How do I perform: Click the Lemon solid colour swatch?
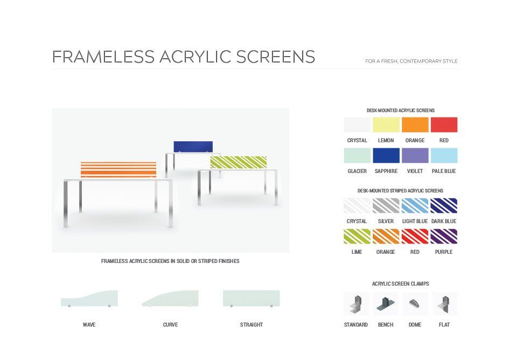pyautogui.click(x=386, y=125)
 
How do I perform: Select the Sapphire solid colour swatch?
pyautogui.click(x=386, y=155)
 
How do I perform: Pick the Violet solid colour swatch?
pyautogui.click(x=415, y=155)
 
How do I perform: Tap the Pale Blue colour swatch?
pyautogui.click(x=444, y=155)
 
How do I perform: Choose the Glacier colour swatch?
pyautogui.click(x=357, y=155)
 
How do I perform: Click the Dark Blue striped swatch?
pyautogui.click(x=444, y=206)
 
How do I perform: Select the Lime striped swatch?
pyautogui.click(x=357, y=236)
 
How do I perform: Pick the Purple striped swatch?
pyautogui.click(x=444, y=236)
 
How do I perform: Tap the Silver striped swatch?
pyautogui.click(x=386, y=206)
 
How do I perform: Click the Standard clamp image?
pyautogui.click(x=356, y=304)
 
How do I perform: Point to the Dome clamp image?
pyautogui.click(x=415, y=304)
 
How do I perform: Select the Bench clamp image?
pyautogui.click(x=386, y=304)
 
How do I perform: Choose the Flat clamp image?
pyautogui.click(x=444, y=304)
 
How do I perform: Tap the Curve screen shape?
pyautogui.click(x=170, y=300)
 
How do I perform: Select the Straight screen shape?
pyautogui.click(x=251, y=298)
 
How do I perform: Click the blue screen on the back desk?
pyautogui.click(x=193, y=147)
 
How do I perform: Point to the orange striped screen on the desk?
pyautogui.click(x=118, y=169)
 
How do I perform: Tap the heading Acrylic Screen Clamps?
pyautogui.click(x=400, y=283)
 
